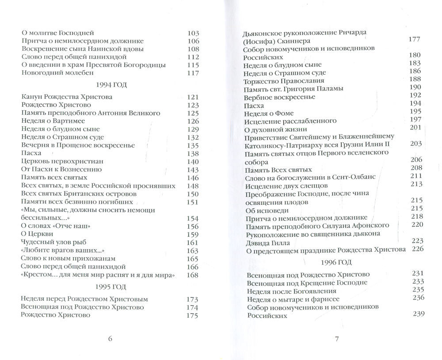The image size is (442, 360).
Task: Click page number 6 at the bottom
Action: click(110, 339)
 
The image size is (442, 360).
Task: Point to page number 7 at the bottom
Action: click(336, 339)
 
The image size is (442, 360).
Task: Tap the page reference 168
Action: click(193, 275)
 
